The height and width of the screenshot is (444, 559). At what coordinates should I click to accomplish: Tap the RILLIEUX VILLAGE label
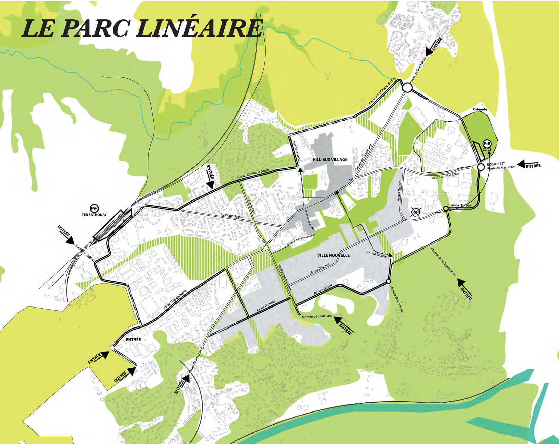[x=330, y=159]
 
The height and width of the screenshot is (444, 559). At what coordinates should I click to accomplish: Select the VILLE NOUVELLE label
[x=333, y=255]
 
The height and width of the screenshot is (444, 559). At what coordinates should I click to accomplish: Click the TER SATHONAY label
[x=94, y=215]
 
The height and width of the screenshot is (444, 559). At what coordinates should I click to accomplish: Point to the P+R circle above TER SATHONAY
[x=94, y=208]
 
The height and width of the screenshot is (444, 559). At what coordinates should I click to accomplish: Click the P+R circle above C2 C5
[x=487, y=144]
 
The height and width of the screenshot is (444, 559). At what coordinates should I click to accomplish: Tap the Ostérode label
[x=480, y=109]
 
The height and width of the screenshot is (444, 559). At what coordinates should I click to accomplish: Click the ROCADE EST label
[x=496, y=164]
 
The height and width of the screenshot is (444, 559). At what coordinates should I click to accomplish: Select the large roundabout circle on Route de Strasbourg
[x=407, y=88]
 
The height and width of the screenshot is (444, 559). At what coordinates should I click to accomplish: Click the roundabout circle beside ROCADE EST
[x=481, y=167]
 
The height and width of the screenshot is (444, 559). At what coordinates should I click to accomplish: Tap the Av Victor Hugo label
[x=231, y=215]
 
